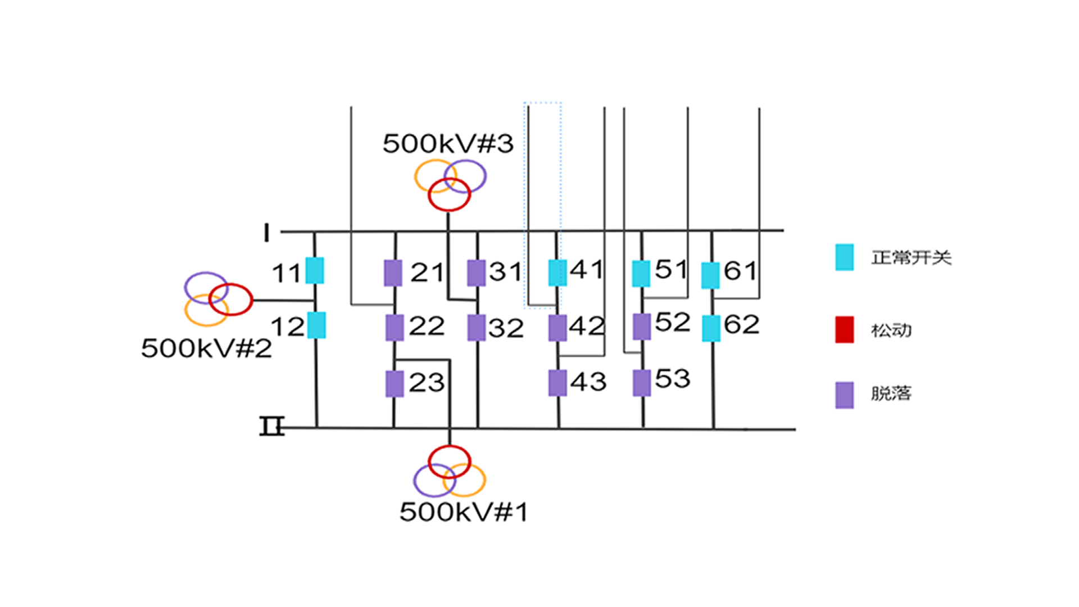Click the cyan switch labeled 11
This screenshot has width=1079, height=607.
click(315, 271)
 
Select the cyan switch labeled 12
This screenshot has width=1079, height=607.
click(316, 325)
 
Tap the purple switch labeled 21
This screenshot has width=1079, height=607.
click(393, 273)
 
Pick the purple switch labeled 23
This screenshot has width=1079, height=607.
click(395, 384)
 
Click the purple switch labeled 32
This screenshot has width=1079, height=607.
click(477, 328)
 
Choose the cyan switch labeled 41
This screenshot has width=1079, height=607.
click(557, 273)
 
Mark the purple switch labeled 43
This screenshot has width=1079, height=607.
click(557, 383)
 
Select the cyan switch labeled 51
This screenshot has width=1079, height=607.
click(641, 274)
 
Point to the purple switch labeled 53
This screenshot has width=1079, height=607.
click(642, 383)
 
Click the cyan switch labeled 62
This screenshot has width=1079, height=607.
click(711, 329)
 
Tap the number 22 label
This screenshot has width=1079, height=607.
click(427, 326)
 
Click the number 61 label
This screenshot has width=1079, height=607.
click(741, 271)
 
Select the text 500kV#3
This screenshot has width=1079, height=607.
click(448, 144)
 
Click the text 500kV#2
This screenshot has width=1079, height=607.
click(206, 348)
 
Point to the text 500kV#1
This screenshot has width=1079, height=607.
click(464, 512)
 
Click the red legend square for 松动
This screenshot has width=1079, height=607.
click(844, 330)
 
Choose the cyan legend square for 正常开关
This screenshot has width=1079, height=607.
click(844, 257)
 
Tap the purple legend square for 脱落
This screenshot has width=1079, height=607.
click(844, 395)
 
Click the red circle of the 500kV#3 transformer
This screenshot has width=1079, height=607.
click(449, 194)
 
